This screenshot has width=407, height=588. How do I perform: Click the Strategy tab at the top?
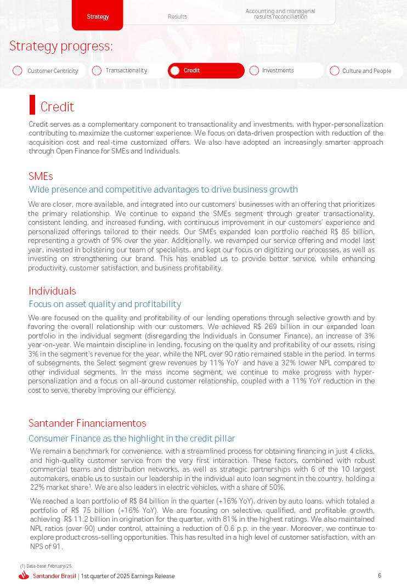click(x=98, y=16)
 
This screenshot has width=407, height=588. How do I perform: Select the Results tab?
click(x=177, y=16)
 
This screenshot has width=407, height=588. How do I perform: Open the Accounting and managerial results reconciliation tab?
click(x=280, y=14)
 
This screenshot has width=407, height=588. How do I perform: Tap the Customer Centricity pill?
click(x=48, y=71)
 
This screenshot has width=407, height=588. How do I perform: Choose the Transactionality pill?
click(x=127, y=70)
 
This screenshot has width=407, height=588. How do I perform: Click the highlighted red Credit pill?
click(x=206, y=70)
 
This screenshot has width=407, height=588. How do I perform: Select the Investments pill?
click(x=285, y=70)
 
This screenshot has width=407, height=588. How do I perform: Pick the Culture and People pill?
click(x=365, y=71)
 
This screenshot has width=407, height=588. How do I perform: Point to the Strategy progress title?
click(x=61, y=46)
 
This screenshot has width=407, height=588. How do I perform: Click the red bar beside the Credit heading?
click(x=32, y=105)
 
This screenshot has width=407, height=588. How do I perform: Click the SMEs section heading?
click(x=41, y=176)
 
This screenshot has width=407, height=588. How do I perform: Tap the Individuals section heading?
click(x=52, y=291)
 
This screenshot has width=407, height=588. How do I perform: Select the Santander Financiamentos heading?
click(x=87, y=423)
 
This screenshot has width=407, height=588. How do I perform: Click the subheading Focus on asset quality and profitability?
click(x=105, y=304)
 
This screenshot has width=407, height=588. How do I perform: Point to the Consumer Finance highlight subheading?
click(x=132, y=438)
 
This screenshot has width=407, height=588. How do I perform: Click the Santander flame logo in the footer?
click(x=24, y=575)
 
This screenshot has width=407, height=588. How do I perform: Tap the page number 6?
click(x=380, y=575)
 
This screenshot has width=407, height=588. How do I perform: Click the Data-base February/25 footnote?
click(x=47, y=566)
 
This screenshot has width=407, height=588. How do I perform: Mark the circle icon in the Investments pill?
click(x=254, y=70)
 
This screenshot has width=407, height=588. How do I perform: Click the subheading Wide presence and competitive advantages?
click(x=163, y=189)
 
